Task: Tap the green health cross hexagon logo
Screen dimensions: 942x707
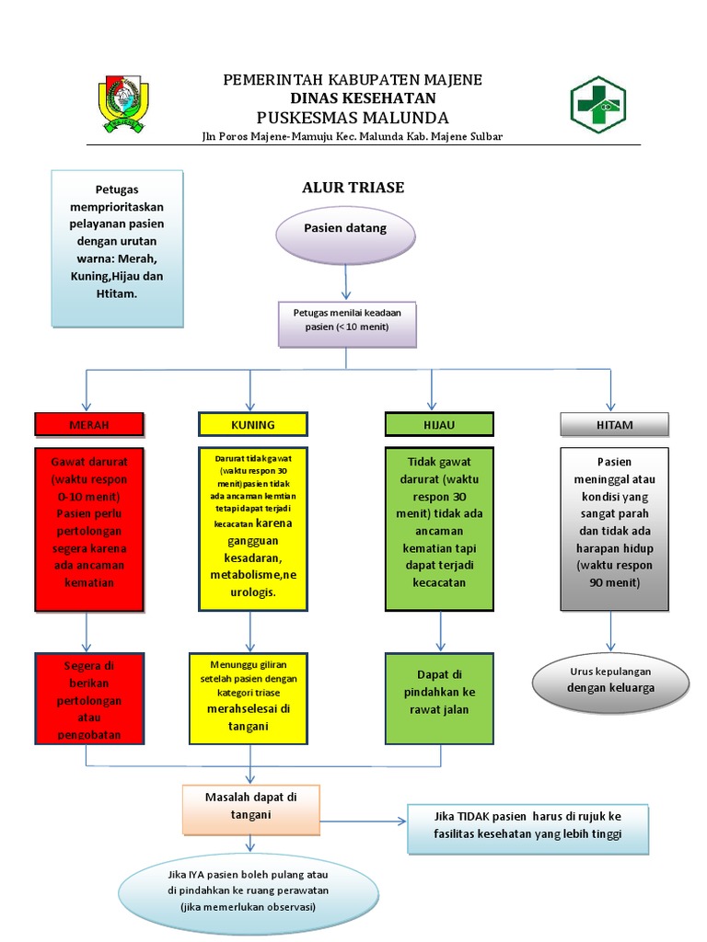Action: pos(597,106)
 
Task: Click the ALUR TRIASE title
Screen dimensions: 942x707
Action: pos(353,188)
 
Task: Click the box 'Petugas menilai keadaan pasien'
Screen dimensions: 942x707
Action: pos(347,321)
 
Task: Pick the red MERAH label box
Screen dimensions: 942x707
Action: pos(89,424)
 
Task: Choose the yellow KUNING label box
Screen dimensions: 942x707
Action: pos(250,424)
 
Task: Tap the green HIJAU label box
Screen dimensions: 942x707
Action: pos(439,424)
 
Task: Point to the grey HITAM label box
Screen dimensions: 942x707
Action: pos(614,424)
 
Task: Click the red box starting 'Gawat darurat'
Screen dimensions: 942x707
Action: pos(89,529)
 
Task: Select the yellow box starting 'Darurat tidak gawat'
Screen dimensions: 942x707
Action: pos(251,529)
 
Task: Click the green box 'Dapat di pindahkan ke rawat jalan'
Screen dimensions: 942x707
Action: pos(439,698)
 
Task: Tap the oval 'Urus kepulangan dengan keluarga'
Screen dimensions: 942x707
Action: pos(611,680)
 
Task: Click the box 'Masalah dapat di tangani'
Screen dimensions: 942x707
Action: pos(250,806)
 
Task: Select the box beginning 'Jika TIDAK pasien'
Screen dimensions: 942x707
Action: pos(527,827)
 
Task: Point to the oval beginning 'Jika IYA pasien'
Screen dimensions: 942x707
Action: pos(249,890)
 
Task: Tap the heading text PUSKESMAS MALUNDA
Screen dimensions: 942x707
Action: pos(353,118)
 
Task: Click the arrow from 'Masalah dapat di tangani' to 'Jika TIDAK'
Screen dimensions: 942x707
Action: pos(363,819)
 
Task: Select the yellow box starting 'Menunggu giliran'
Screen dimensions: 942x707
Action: pos(251,698)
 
